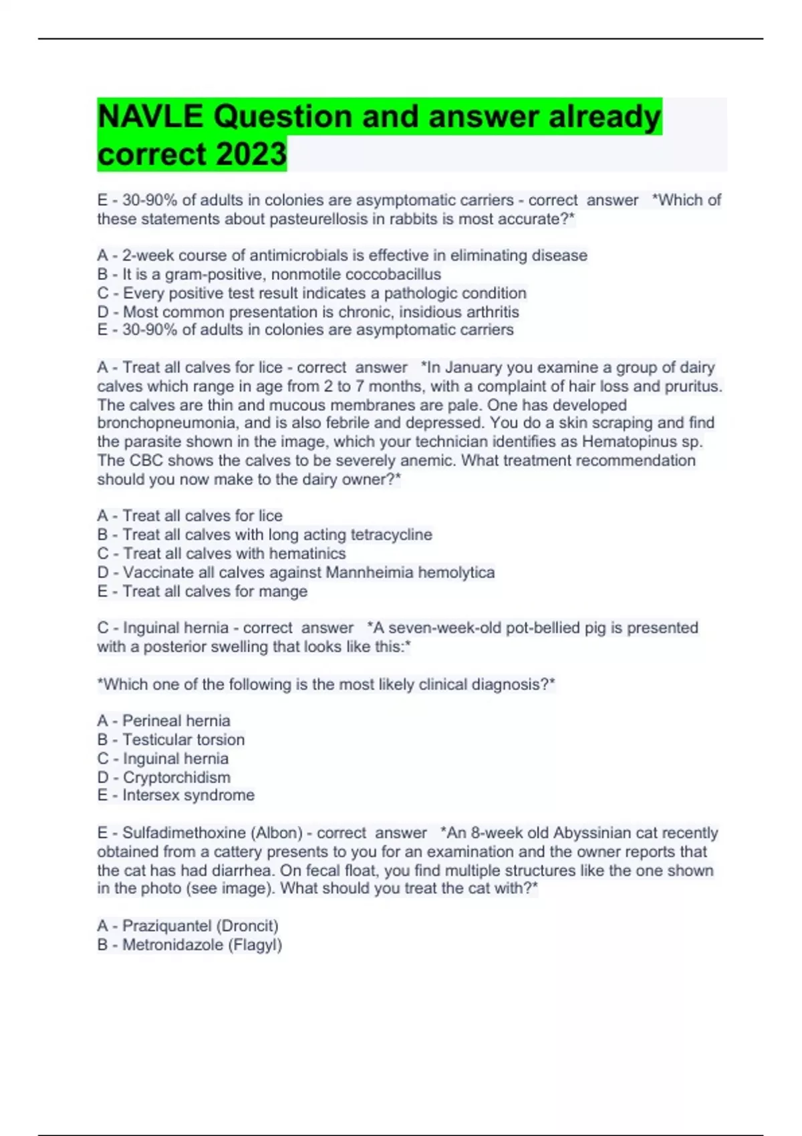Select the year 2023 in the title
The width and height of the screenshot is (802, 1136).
(251, 154)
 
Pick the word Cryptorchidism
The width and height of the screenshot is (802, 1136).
(176, 777)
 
